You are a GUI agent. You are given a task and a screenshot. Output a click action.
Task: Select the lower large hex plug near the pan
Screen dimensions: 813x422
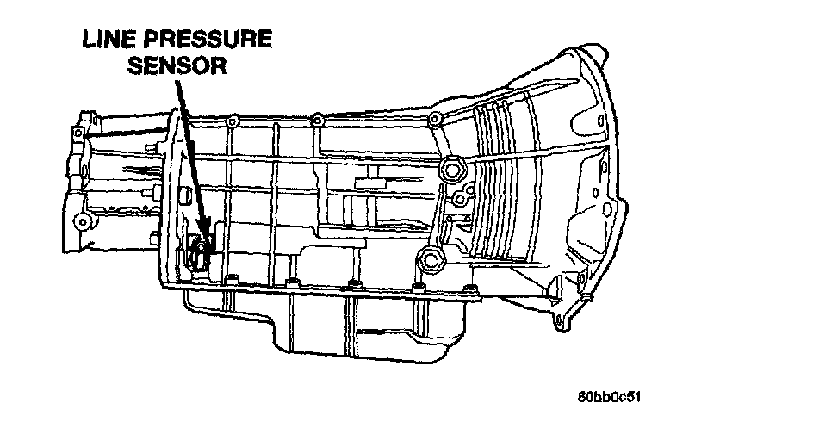tap(425, 259)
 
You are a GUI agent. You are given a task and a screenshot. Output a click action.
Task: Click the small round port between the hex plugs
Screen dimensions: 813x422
tap(461, 200)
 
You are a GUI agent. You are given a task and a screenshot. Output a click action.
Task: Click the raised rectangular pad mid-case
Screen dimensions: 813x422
tap(376, 183)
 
